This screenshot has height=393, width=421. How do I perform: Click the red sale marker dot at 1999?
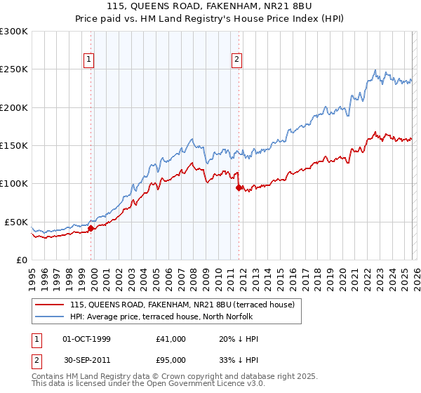tap(91, 228)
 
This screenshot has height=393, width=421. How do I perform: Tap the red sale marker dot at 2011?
tap(239, 187)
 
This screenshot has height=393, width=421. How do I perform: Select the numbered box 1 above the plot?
tap(90, 60)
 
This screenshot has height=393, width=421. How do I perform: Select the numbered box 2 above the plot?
tap(238, 60)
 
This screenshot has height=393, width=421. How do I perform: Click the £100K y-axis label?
tap(13, 184)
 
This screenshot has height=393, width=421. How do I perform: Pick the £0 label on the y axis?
tap(21, 260)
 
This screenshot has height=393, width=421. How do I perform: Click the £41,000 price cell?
tap(171, 339)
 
